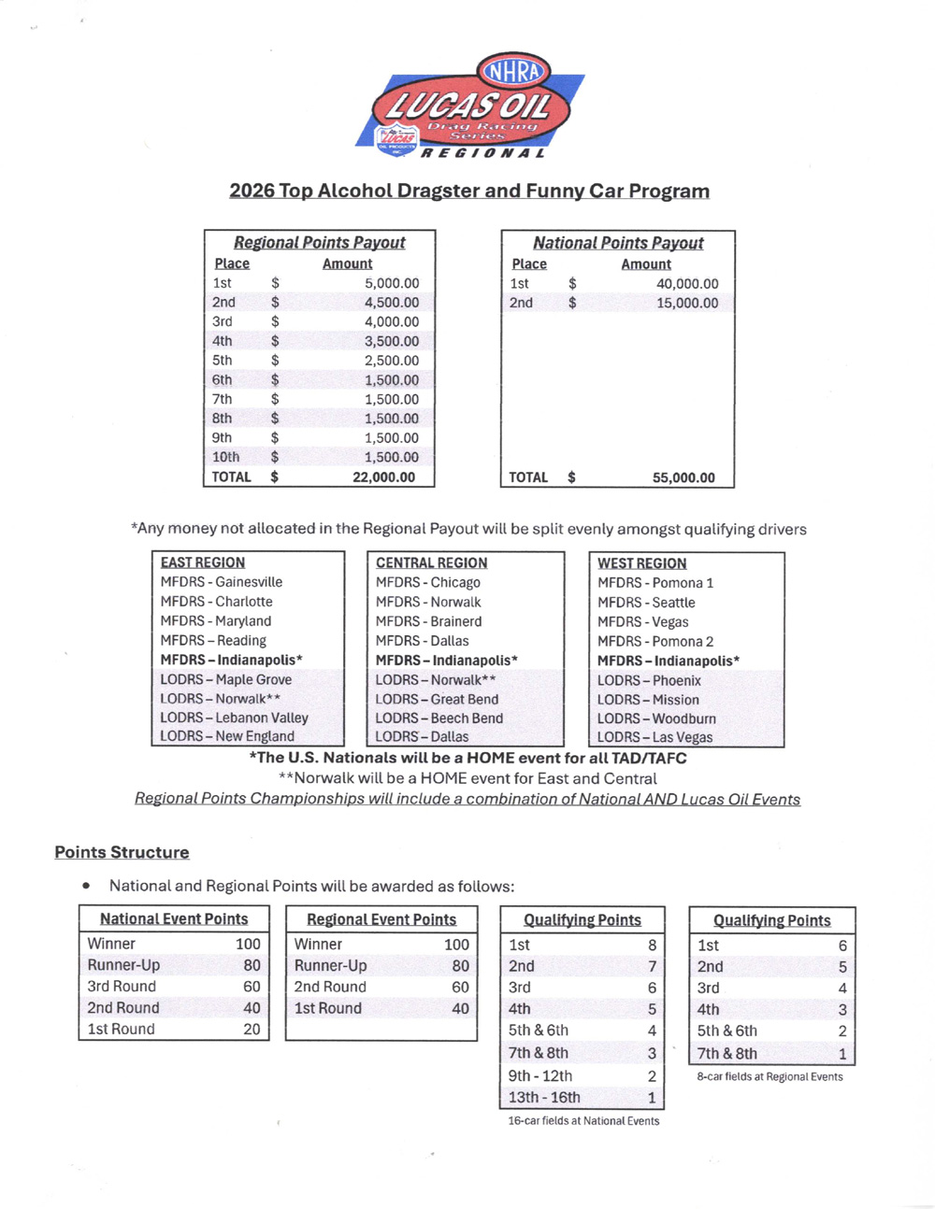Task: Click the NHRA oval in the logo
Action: pyautogui.click(x=513, y=71)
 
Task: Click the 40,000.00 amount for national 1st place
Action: pyautogui.click(x=687, y=284)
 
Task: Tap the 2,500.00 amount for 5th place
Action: pyautogui.click(x=392, y=361)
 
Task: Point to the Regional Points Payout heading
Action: pyautogui.click(x=319, y=243)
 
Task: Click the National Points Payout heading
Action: pyautogui.click(x=618, y=243)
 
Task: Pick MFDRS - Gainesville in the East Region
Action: pyautogui.click(x=221, y=582)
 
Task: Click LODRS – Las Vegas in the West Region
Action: pyautogui.click(x=654, y=737)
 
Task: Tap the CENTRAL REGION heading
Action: pyautogui.click(x=431, y=562)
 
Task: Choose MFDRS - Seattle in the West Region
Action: pyautogui.click(x=646, y=603)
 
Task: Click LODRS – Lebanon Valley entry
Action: pyautogui.click(x=234, y=718)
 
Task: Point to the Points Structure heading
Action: pyautogui.click(x=122, y=852)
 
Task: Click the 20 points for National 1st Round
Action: pyautogui.click(x=252, y=1029)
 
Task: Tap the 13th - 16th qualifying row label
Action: pyautogui.click(x=544, y=1098)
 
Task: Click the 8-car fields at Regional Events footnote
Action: pyautogui.click(x=770, y=1076)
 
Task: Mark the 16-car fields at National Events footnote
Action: pyautogui.click(x=583, y=1120)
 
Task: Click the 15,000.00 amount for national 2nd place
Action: pyautogui.click(x=687, y=303)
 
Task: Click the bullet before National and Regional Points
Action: pyautogui.click(x=87, y=885)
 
